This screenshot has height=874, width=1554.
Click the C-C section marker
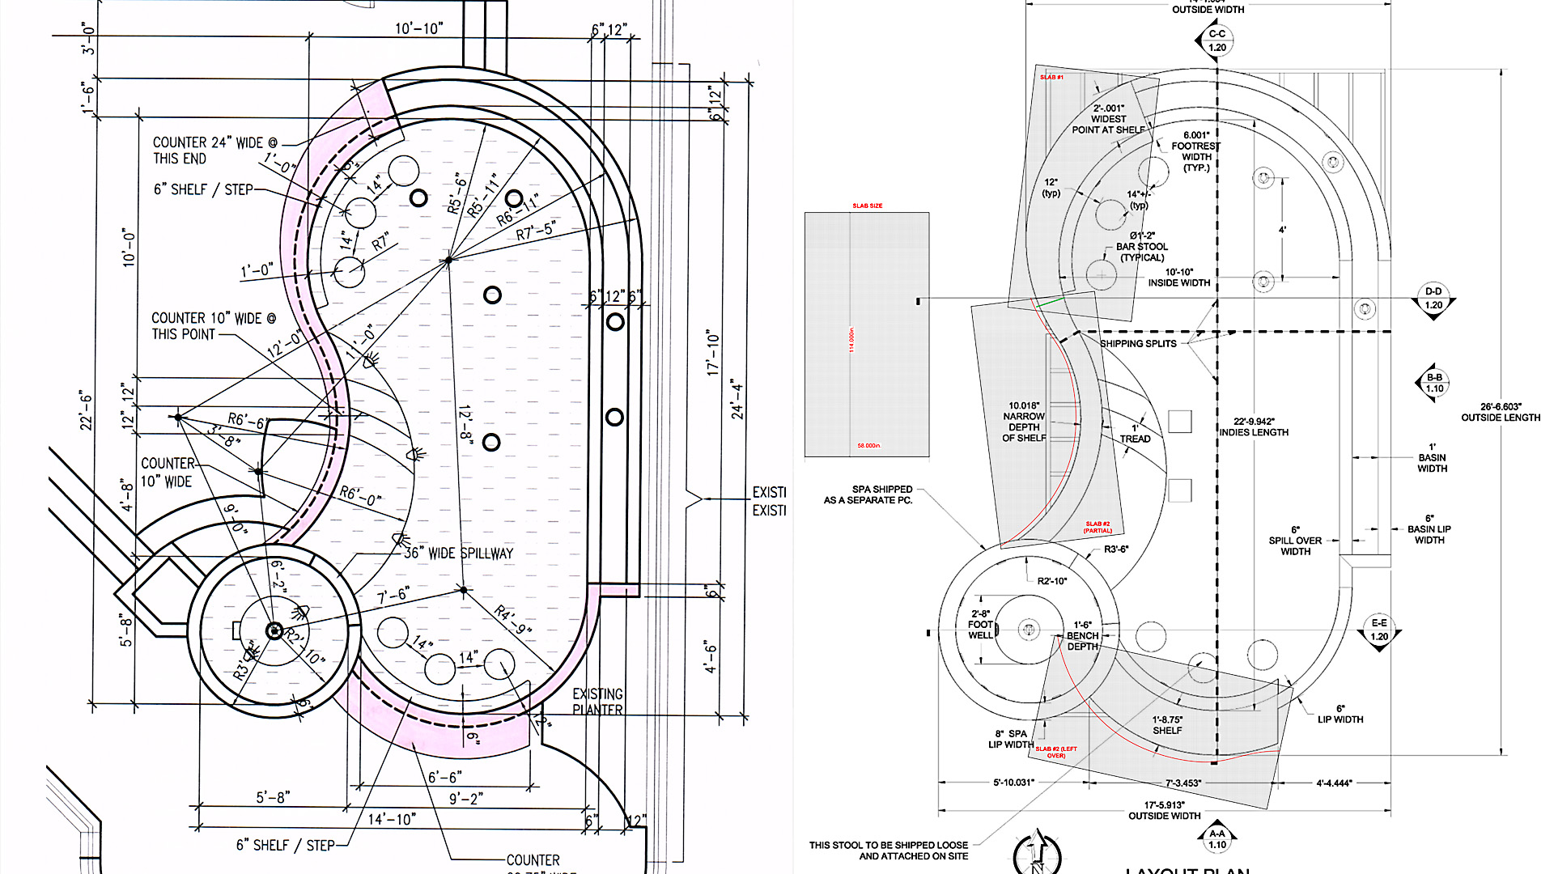click(x=1217, y=40)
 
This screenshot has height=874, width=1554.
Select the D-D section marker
click(x=1433, y=299)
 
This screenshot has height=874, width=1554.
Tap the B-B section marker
click(x=1434, y=383)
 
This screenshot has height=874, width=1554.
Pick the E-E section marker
click(x=1379, y=630)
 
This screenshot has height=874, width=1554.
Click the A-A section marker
click(x=1217, y=839)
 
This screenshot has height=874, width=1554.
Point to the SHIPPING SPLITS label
click(x=1138, y=344)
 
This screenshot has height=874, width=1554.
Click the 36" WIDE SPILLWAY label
click(x=458, y=554)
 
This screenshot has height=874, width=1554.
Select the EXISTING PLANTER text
click(x=597, y=702)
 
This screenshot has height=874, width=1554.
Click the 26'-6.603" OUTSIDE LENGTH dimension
click(x=1501, y=412)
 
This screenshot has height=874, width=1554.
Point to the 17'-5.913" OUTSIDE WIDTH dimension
click(x=1164, y=810)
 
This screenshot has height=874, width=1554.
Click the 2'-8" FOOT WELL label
click(x=980, y=625)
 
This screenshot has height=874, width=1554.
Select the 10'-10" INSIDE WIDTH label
click(x=1179, y=278)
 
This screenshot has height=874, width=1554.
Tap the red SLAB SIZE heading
click(x=867, y=206)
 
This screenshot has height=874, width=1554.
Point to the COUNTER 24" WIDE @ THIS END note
click(x=214, y=151)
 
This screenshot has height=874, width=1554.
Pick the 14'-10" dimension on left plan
click(x=392, y=820)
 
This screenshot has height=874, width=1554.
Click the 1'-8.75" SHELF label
click(x=1167, y=725)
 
